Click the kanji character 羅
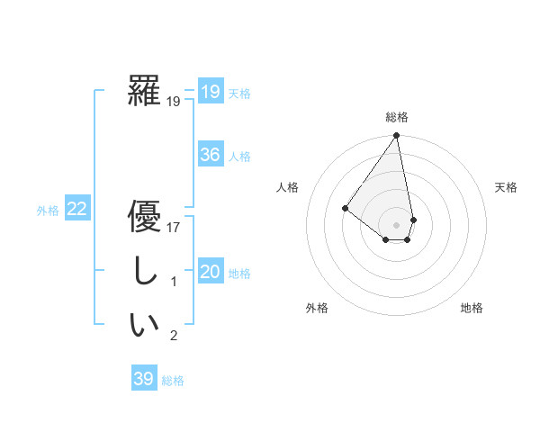pyautogui.click(x=144, y=92)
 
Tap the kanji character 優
pyautogui.click(x=144, y=218)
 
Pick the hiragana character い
pyautogui.click(x=144, y=325)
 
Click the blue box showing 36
pyautogui.click(x=211, y=155)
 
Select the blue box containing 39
pyautogui.click(x=144, y=379)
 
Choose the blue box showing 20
pyautogui.click(x=211, y=272)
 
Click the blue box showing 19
pyautogui.click(x=211, y=92)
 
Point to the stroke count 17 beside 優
pyautogui.click(x=174, y=229)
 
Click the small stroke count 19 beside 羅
pyautogui.click(x=174, y=103)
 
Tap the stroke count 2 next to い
pyautogui.click(x=174, y=337)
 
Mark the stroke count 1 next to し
pyautogui.click(x=174, y=283)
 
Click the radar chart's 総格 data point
pyautogui.click(x=396, y=136)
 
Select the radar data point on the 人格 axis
pyautogui.click(x=345, y=208)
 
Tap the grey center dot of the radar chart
pyautogui.click(x=396, y=224)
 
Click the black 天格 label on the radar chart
pyautogui.click(x=506, y=187)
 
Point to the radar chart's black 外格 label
pyautogui.click(x=317, y=308)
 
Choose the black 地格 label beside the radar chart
pyautogui.click(x=472, y=308)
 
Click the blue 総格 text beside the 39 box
pyautogui.click(x=173, y=381)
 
